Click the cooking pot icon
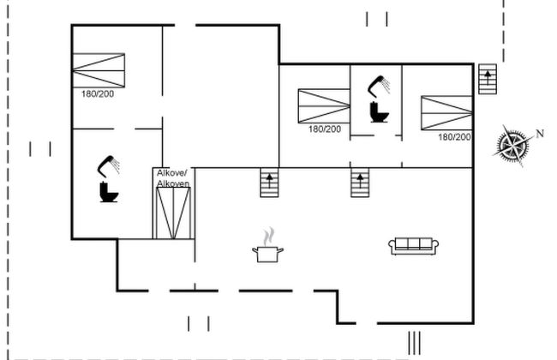click(x=267, y=253)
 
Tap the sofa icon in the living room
click(x=414, y=246)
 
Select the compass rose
click(x=512, y=145)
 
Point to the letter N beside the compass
click(x=540, y=133)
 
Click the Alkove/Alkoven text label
click(x=173, y=178)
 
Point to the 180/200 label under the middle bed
click(x=325, y=129)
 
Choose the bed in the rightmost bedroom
click(x=446, y=113)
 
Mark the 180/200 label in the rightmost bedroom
click(x=454, y=137)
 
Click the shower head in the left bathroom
click(x=108, y=163)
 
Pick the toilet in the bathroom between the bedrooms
click(x=379, y=111)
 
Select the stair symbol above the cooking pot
click(x=271, y=183)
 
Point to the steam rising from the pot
click(x=269, y=235)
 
